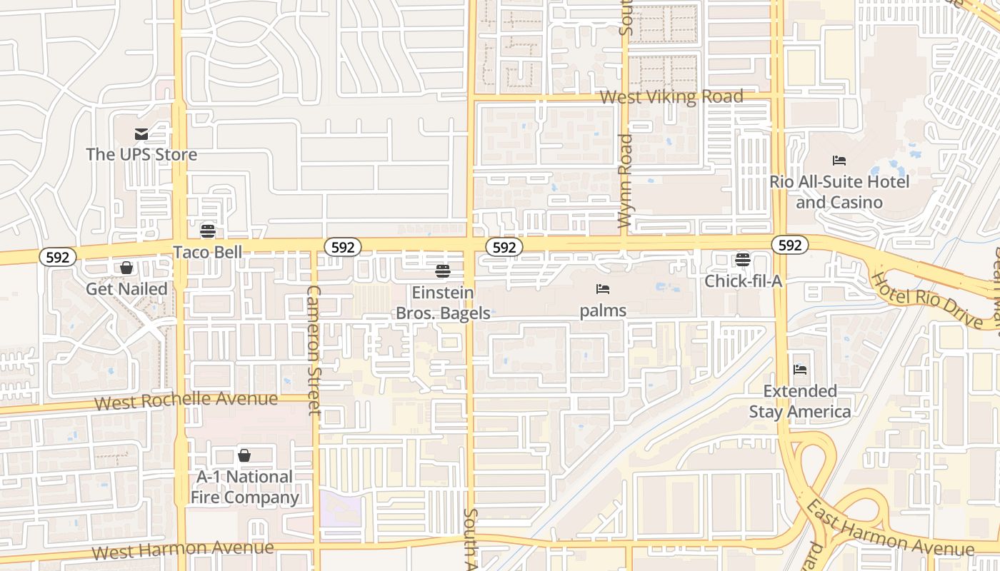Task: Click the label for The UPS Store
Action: pos(141,154)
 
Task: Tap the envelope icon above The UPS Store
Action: pos(141,133)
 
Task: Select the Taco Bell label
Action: pos(208,252)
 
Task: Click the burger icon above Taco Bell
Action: pos(208,231)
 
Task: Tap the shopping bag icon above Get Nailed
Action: pos(126,268)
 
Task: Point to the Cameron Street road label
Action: pos(314,350)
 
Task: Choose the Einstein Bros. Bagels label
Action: pos(443,303)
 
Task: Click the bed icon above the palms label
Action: pos(603,289)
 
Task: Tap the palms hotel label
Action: pos(603,310)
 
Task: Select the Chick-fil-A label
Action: pos(744,281)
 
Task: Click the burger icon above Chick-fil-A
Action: pos(743,260)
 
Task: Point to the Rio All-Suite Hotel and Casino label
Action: pos(839,192)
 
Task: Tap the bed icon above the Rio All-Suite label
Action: pos(839,161)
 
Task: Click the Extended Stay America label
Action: pos(800,401)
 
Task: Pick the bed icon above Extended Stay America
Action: pos(800,370)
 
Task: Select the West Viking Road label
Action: pos(671,96)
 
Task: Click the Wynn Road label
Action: pos(626,181)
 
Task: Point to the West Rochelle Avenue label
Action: pos(186,400)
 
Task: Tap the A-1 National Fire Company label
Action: pos(244,487)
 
